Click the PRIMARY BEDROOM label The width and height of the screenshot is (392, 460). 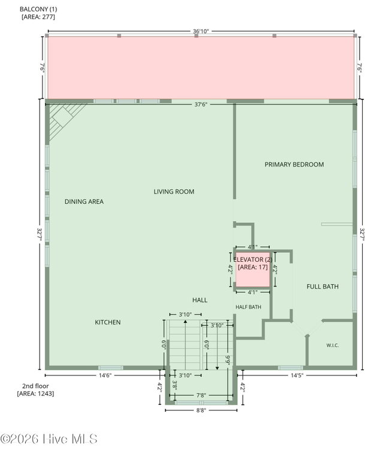(x=294, y=164)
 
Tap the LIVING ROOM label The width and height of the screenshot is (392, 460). (x=174, y=192)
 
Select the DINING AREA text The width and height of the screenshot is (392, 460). (x=84, y=201)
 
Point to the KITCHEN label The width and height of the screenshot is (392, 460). (x=108, y=322)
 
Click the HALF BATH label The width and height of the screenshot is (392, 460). (x=248, y=307)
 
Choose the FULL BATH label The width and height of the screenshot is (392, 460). (x=322, y=286)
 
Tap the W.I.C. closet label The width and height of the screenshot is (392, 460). (x=333, y=345)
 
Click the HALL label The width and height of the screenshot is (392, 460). (x=200, y=300)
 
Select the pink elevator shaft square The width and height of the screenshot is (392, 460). (x=253, y=270)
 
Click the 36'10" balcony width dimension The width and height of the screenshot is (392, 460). (x=201, y=31)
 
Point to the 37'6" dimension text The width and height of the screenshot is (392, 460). (x=201, y=104)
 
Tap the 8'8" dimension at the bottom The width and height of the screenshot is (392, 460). (x=201, y=410)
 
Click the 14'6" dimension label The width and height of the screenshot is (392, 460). (x=105, y=375)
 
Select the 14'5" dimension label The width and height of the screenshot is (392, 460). (x=297, y=375)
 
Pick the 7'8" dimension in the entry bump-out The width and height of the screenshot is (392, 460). (x=201, y=395)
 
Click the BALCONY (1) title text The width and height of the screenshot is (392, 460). (x=38, y=9)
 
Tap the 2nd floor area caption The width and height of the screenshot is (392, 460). (x=35, y=390)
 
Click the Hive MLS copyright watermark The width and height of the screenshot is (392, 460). (x=49, y=439)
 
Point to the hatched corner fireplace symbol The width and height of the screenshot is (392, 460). (x=63, y=119)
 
